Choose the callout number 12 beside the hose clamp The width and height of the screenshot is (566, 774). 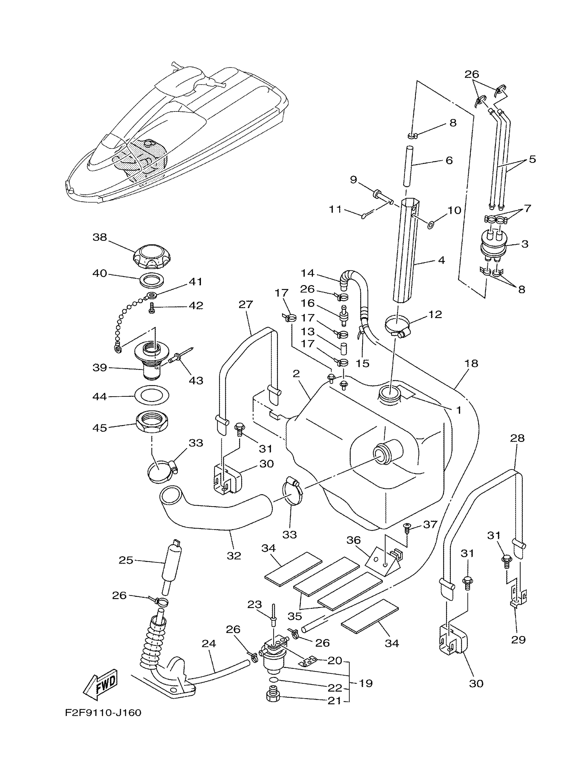point(435,314)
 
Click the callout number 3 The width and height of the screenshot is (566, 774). point(525,244)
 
